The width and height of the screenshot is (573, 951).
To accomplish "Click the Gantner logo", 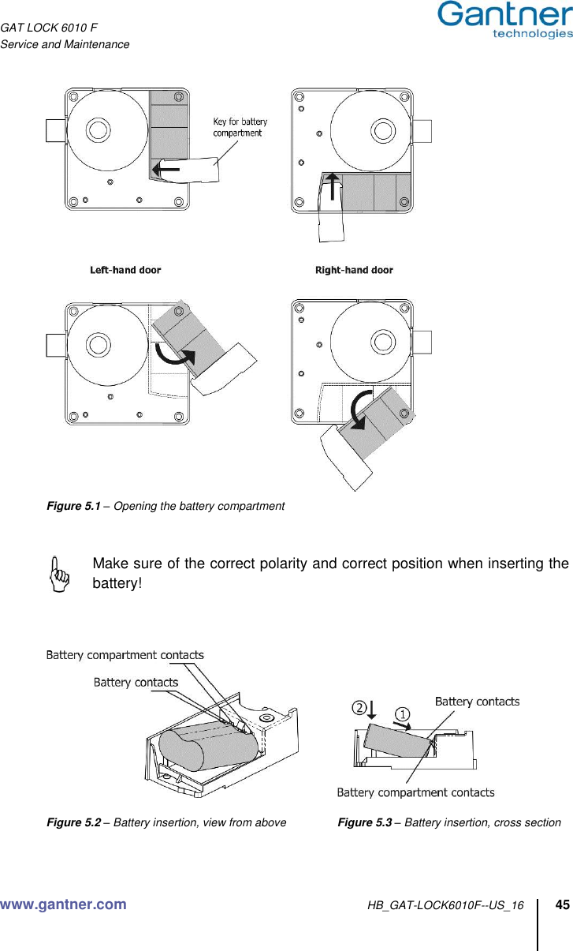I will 504,20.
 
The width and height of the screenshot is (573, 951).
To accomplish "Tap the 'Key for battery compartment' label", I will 240,127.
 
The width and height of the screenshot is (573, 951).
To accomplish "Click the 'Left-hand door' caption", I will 125,270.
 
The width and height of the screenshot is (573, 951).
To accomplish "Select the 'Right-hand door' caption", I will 354,270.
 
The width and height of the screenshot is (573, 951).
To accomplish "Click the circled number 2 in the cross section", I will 359,708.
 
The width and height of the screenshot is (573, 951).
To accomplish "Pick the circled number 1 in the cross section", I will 402,714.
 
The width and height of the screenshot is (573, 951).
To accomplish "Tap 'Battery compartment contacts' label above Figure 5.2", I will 125,654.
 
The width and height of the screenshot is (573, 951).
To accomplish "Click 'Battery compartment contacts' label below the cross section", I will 415,792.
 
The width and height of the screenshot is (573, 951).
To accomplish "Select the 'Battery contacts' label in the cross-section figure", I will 477,701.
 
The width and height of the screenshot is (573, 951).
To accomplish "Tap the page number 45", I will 563,904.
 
